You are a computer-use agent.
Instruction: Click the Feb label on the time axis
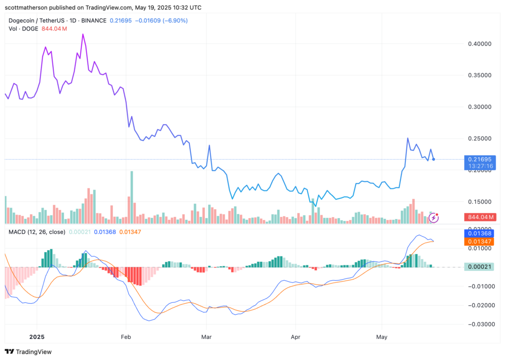(126, 338)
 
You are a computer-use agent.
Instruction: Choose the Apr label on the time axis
(295, 338)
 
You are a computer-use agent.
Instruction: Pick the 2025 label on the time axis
(36, 338)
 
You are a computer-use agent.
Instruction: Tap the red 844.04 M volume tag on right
(480, 217)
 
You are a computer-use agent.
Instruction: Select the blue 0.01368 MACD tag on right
(480, 233)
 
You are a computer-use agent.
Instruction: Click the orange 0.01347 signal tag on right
(480, 242)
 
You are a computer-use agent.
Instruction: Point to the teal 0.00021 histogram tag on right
(480, 267)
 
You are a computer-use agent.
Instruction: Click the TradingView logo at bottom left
(28, 352)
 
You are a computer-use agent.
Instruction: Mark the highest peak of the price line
(83, 34)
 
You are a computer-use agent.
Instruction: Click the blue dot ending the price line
(433, 159)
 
